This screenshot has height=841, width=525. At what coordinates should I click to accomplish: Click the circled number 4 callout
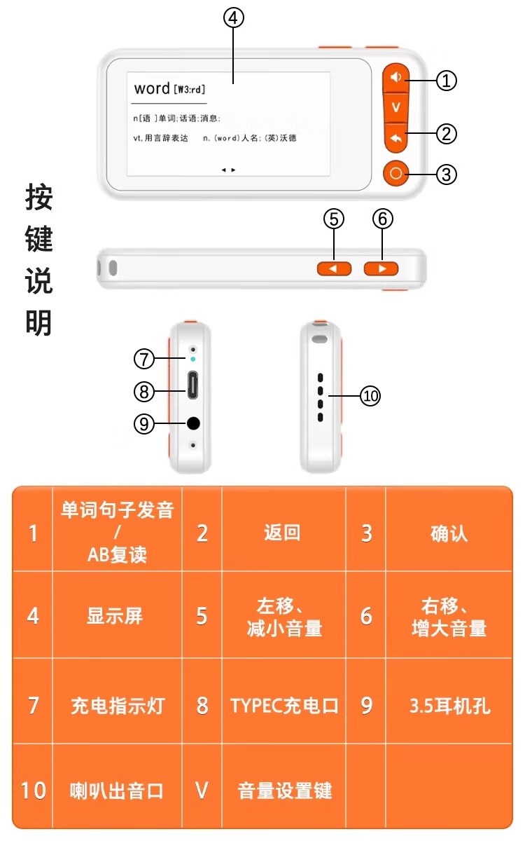click(x=234, y=18)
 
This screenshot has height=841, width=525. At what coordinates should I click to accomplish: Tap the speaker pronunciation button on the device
click(x=397, y=78)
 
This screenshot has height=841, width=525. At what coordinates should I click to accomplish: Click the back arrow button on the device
click(x=396, y=139)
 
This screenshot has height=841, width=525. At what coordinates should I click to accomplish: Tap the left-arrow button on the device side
click(x=334, y=268)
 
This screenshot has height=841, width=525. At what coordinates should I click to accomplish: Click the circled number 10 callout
click(x=370, y=396)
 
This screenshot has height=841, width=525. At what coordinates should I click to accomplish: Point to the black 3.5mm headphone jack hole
click(x=193, y=423)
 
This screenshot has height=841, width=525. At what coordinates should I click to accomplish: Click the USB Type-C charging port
click(x=192, y=385)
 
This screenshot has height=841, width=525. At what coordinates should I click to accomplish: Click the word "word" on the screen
click(x=152, y=88)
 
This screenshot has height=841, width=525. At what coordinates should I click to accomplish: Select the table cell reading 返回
click(x=283, y=533)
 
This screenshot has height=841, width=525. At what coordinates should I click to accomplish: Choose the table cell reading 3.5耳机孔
click(x=449, y=705)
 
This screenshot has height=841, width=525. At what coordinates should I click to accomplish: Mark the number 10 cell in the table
click(x=33, y=791)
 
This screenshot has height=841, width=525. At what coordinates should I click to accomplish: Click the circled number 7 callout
click(x=144, y=360)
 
